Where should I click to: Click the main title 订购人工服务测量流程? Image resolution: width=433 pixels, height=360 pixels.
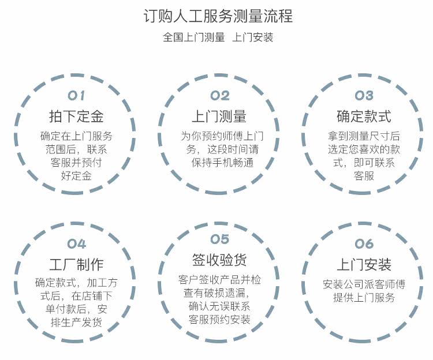(x=217, y=16)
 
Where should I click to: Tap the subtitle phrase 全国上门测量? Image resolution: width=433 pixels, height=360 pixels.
(x=193, y=38)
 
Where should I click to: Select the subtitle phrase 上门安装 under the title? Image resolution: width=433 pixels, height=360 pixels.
(x=252, y=38)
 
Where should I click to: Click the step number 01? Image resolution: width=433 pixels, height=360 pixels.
(x=77, y=96)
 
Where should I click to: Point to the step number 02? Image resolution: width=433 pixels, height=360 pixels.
(x=219, y=96)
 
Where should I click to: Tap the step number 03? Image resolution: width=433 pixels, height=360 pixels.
(x=364, y=96)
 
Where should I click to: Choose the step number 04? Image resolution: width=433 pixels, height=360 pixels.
(x=77, y=243)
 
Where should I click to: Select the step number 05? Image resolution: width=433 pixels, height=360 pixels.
(x=219, y=239)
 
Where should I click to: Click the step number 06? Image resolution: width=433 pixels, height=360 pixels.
(x=364, y=243)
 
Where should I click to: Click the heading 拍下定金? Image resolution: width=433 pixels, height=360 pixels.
(x=76, y=117)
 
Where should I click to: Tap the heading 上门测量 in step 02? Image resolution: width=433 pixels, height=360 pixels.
(x=219, y=117)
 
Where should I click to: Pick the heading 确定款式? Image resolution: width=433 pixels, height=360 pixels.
(x=364, y=117)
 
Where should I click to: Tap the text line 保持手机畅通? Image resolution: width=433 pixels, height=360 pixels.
(x=219, y=162)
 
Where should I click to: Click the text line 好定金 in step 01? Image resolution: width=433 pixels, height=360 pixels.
(x=76, y=175)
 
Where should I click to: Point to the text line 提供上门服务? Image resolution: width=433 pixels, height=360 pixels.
(x=364, y=298)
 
